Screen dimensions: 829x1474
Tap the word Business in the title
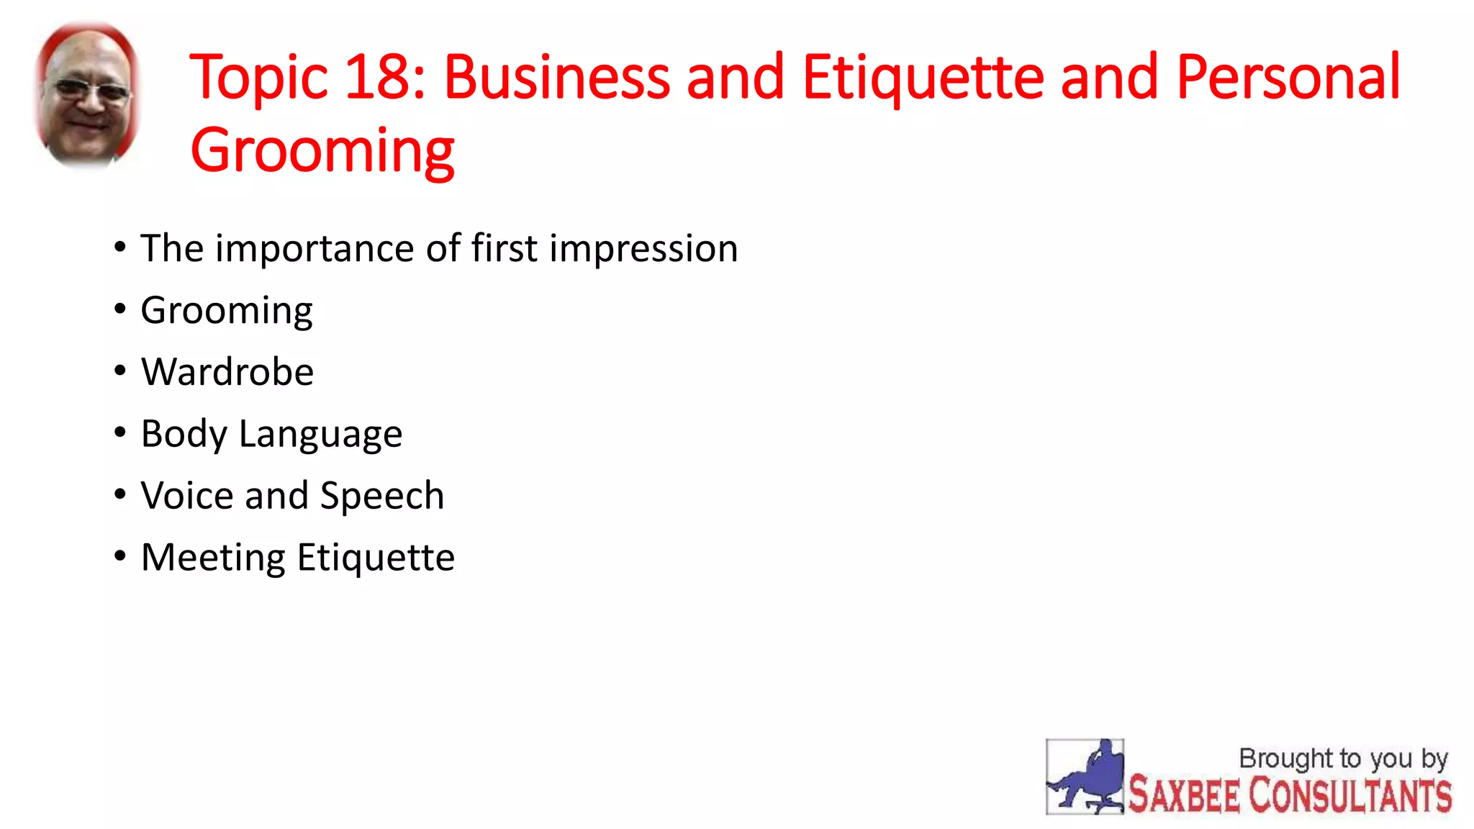(x=556, y=77)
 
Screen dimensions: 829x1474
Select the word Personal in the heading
(x=1288, y=77)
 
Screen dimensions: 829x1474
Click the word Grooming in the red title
(x=322, y=151)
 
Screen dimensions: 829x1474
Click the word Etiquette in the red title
(x=923, y=77)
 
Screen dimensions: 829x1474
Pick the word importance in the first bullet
(x=315, y=250)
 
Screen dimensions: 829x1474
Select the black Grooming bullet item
(x=227, y=312)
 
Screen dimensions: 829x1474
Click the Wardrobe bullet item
(x=227, y=372)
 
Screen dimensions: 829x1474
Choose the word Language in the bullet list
(x=320, y=435)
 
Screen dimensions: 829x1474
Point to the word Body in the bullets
(x=184, y=435)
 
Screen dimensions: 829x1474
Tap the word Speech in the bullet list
(x=381, y=497)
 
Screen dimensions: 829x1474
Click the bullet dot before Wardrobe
(x=120, y=371)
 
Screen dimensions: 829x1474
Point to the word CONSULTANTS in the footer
(x=1349, y=796)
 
